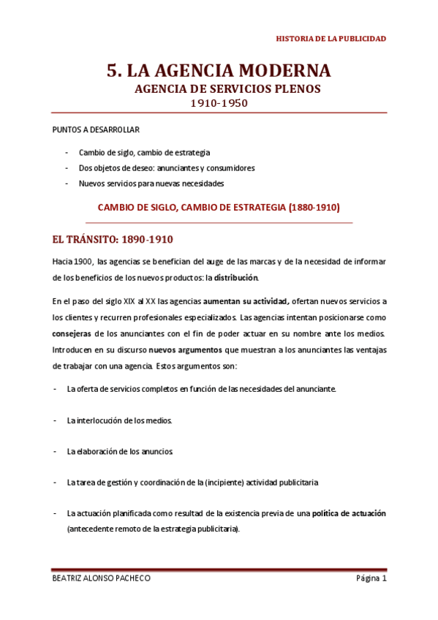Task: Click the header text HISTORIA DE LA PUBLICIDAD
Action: (331, 38)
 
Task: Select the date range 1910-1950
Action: (219, 103)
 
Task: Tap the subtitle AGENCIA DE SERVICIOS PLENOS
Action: (219, 89)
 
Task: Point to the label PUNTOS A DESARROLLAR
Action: (86, 129)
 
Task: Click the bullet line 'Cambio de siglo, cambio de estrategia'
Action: (144, 153)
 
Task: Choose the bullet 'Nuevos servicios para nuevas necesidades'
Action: (151, 184)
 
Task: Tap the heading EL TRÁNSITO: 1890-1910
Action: (113, 239)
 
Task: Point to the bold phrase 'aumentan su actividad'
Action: (246, 300)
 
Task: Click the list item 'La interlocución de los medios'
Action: (120, 420)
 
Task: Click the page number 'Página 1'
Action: (371, 578)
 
